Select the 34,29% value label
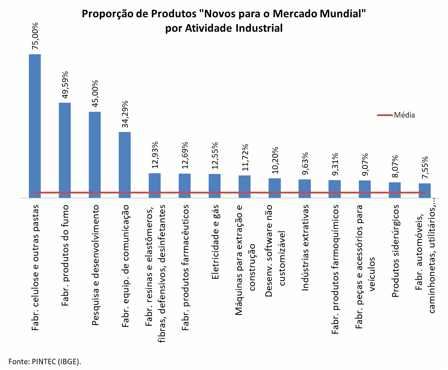click(125, 114)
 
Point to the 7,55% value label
click(425, 167)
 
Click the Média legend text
click(404, 115)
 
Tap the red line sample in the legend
click(384, 115)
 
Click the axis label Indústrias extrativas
click(305, 248)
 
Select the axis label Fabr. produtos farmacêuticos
click(185, 268)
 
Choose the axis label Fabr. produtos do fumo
click(65, 255)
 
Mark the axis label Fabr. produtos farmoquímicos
click(335, 269)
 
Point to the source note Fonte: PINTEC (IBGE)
click(45, 361)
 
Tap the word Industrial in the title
click(259, 28)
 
